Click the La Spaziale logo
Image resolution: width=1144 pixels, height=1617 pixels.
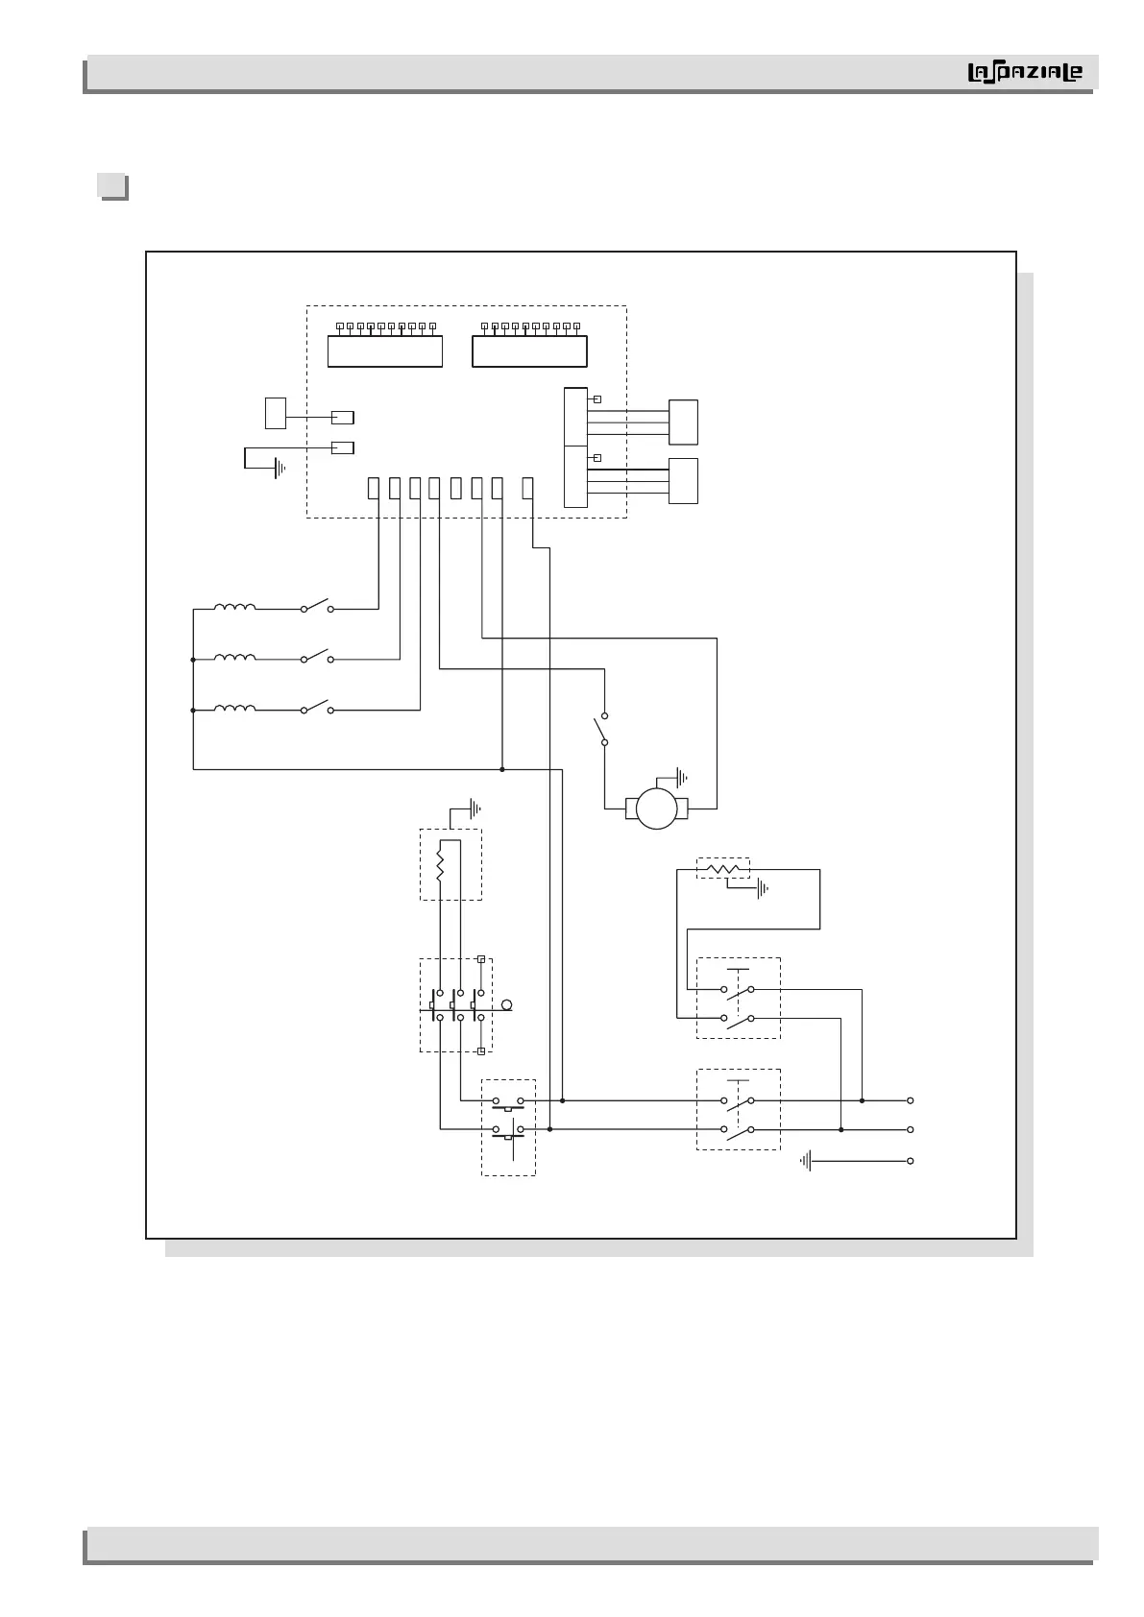click(1024, 73)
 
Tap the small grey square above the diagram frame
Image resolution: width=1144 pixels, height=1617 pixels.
click(113, 185)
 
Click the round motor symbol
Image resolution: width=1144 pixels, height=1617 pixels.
click(657, 808)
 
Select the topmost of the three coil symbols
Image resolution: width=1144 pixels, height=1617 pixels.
click(234, 607)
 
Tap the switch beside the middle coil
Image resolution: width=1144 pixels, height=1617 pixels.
click(316, 658)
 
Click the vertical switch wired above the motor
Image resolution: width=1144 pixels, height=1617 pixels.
click(603, 729)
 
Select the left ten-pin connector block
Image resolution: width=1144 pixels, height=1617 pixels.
click(384, 350)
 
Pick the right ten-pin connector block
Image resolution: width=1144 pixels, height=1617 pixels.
click(529, 350)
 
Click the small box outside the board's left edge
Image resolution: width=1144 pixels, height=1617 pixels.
click(276, 413)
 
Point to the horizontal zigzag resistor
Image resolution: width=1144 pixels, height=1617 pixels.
click(722, 869)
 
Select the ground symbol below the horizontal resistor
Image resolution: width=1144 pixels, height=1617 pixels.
click(763, 890)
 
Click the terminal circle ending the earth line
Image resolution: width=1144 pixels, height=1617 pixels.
click(910, 1161)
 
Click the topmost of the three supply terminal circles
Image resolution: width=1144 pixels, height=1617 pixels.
click(910, 1100)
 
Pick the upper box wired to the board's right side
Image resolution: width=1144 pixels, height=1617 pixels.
click(683, 422)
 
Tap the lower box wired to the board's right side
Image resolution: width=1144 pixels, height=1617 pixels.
click(683, 480)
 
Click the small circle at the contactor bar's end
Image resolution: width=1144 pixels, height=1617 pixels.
click(507, 1005)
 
